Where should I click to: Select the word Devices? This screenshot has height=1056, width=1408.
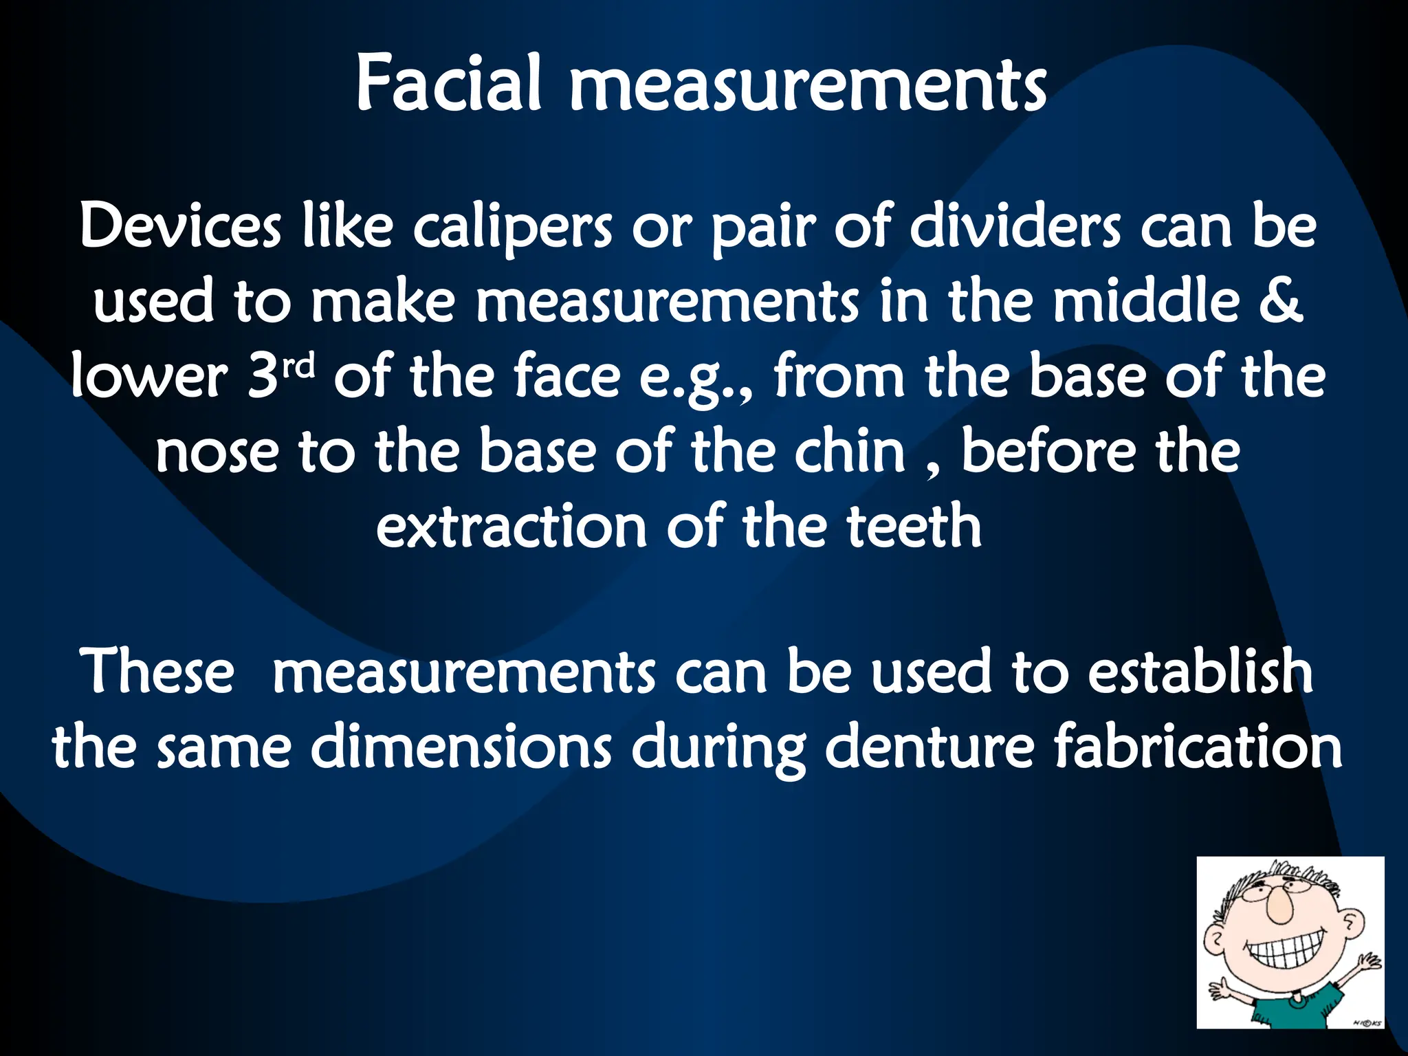pos(180,226)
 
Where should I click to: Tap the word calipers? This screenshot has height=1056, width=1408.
pos(511,228)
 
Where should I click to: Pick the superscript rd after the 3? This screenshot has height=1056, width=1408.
pos(298,366)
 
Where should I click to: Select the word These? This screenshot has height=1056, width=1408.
pos(157,671)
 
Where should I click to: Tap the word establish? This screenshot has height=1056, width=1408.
pos(1200,671)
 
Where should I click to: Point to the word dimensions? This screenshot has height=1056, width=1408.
pos(461,747)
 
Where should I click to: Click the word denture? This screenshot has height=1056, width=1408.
pos(929,747)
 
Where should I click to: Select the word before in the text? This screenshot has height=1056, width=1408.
pos(1048,451)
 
